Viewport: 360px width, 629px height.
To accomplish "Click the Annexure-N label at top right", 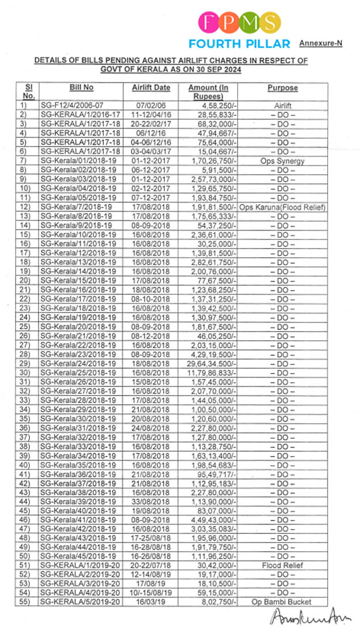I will [320, 43].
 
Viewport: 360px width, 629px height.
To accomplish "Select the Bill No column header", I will [81, 88].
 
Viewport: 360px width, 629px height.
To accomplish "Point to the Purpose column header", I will [282, 88].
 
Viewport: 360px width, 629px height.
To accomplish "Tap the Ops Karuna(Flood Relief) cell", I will [282, 206].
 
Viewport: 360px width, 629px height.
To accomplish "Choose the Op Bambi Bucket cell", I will [282, 601].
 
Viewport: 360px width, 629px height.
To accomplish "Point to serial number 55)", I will [24, 601].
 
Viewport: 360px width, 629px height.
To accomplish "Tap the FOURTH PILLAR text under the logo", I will [239, 44].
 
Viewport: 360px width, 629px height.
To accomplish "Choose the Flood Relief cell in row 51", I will [282, 565].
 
